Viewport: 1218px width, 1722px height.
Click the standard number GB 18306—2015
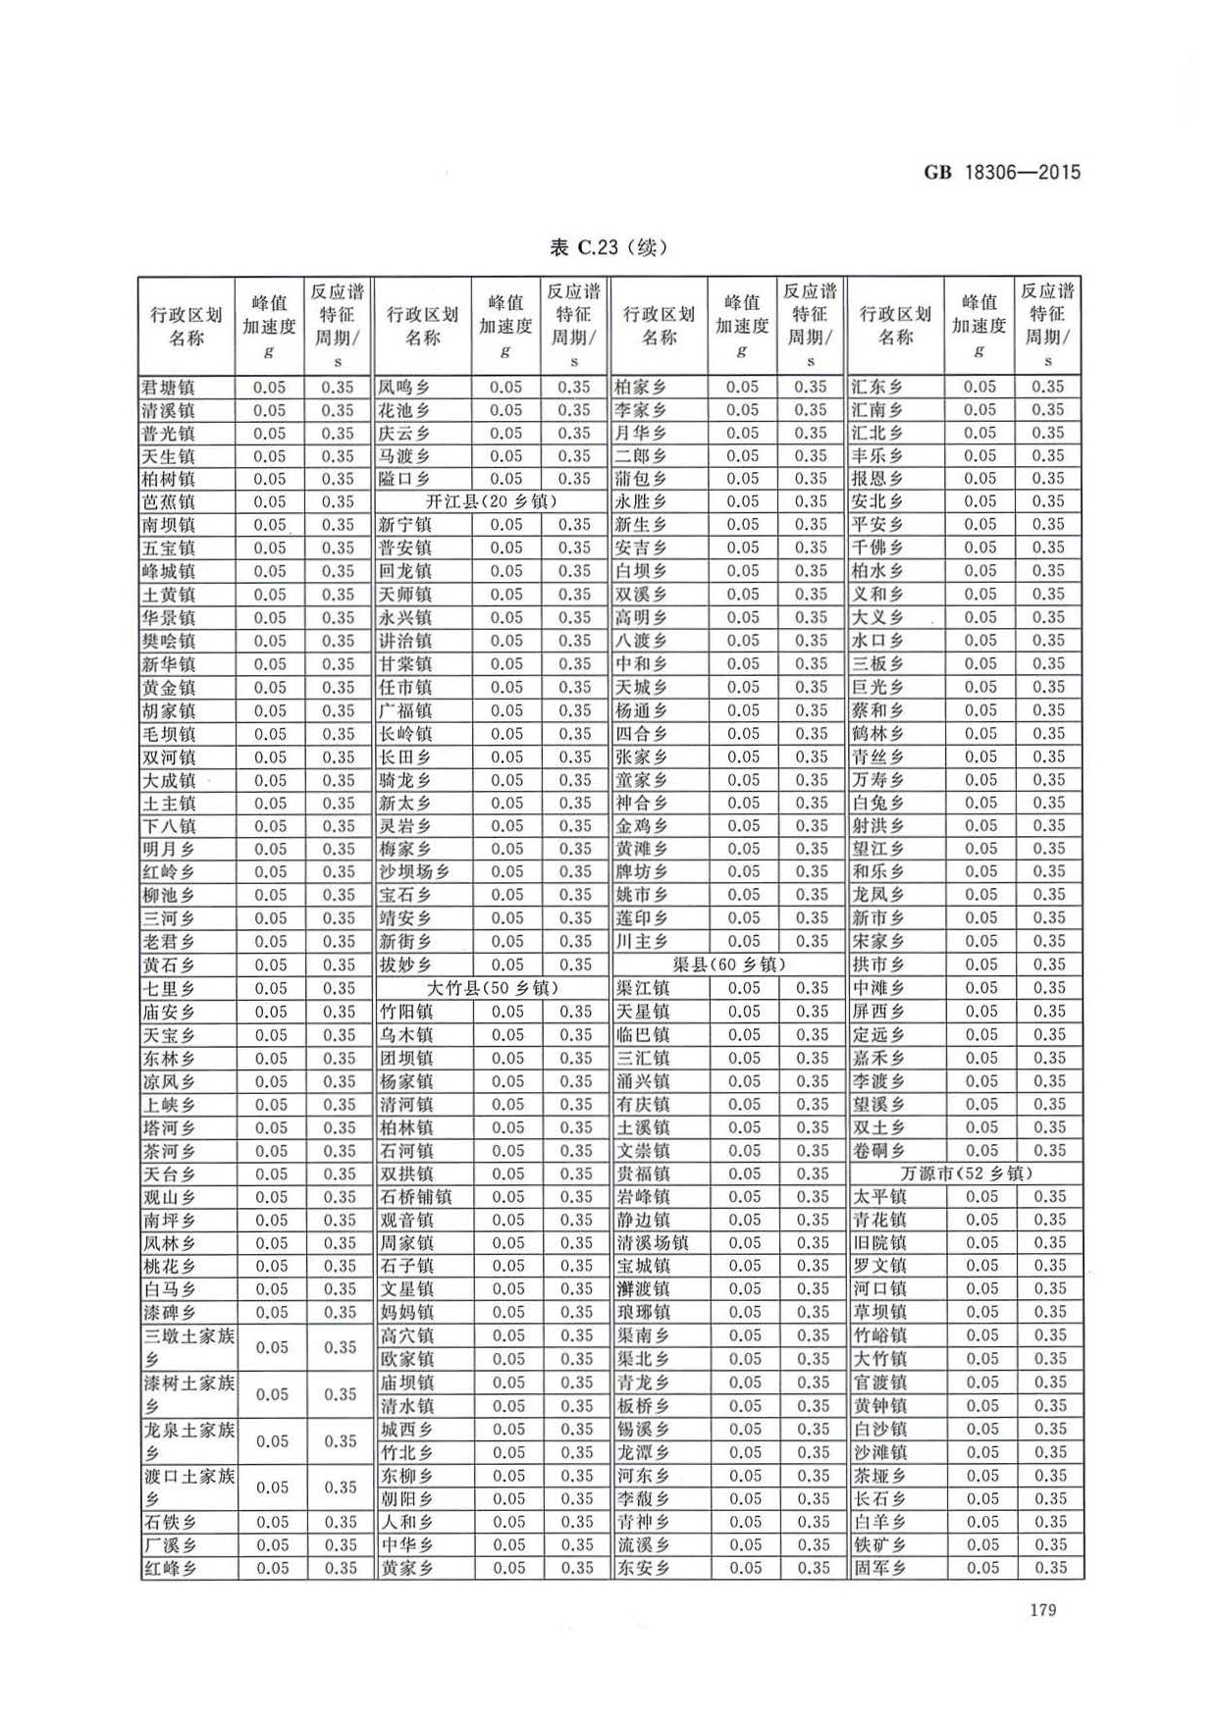tap(1002, 173)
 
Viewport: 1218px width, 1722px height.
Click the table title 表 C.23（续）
tap(609, 247)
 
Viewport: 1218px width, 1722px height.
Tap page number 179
tap(1042, 1609)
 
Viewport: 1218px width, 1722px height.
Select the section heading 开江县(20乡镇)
tap(491, 501)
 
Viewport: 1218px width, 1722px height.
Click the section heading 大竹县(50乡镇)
tap(493, 988)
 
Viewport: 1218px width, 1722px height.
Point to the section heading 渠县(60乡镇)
tap(728, 965)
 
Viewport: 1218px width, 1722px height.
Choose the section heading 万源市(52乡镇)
tap(966, 1174)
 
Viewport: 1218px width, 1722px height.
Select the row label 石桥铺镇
tap(416, 1197)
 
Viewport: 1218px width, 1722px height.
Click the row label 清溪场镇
tap(653, 1243)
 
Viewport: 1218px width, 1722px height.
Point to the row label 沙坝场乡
tap(415, 872)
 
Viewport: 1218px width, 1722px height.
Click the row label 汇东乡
tap(877, 388)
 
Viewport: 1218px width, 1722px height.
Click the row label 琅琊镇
tap(643, 1313)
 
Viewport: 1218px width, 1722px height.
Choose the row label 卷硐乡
tap(878, 1151)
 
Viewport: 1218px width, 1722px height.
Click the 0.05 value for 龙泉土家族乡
tap(272, 1441)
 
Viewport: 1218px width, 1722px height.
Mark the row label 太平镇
tap(879, 1197)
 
